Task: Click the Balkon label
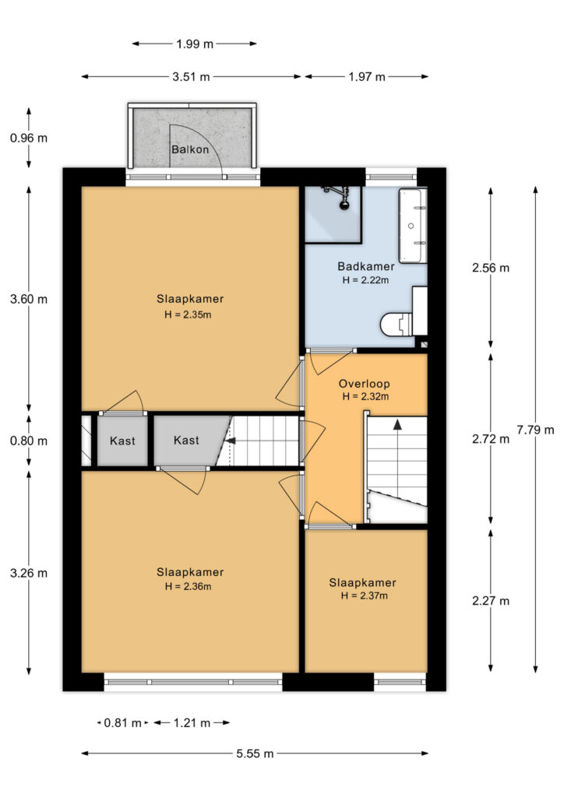(190, 149)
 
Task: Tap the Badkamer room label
(365, 266)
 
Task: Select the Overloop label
(364, 384)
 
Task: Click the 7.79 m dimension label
(535, 430)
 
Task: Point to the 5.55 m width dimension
(255, 753)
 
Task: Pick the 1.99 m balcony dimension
(195, 44)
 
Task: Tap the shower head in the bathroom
(345, 205)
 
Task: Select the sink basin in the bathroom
(411, 225)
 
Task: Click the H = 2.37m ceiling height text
(364, 595)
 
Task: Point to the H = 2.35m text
(188, 314)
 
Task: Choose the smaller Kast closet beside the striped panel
(122, 441)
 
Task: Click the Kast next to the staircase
(186, 441)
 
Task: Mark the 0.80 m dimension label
(29, 441)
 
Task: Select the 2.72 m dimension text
(490, 439)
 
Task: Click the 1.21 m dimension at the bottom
(192, 723)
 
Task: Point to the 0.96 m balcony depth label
(29, 138)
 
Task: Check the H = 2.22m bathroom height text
(365, 280)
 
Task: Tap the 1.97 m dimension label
(367, 77)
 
